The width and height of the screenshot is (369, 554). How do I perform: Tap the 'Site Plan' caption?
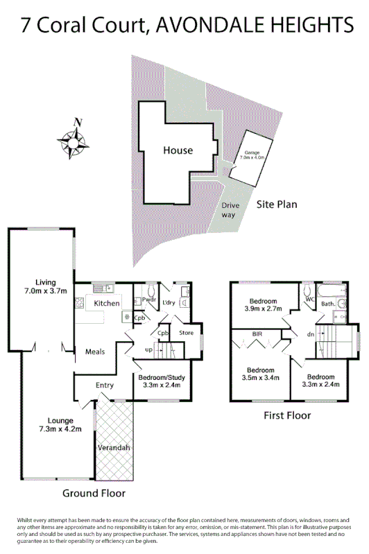[x=277, y=205]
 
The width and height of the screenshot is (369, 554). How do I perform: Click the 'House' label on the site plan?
[x=178, y=150]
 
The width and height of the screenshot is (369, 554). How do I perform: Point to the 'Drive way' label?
[x=229, y=210]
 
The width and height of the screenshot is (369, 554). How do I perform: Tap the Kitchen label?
[x=107, y=304]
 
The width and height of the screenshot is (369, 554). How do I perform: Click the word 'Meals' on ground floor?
[x=95, y=352]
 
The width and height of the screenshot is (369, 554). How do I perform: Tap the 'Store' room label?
[x=186, y=333]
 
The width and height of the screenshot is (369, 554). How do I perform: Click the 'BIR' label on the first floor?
[x=256, y=333]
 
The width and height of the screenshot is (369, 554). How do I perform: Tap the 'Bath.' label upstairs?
[x=328, y=304]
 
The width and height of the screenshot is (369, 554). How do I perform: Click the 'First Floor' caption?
[x=287, y=415]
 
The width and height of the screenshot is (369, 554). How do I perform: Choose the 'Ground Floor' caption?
[x=94, y=494]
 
